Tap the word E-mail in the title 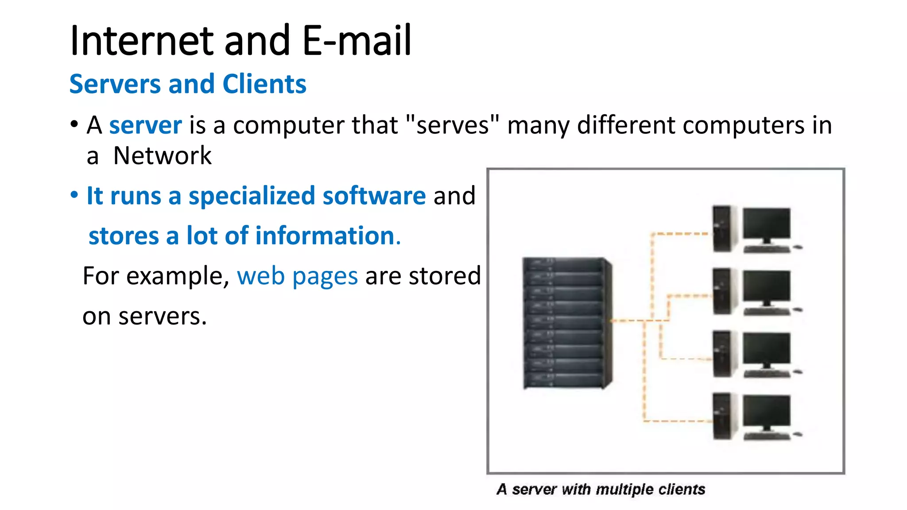point(357,41)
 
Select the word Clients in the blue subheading point(264,84)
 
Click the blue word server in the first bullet point(145,125)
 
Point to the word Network point(163,156)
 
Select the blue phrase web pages point(297,276)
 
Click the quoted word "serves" point(452,125)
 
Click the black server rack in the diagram point(567,323)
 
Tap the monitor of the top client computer point(766,224)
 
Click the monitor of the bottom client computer point(766,412)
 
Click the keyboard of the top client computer point(766,249)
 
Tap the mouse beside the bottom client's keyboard point(798,435)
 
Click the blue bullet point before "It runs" point(74,195)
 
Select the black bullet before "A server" point(74,124)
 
